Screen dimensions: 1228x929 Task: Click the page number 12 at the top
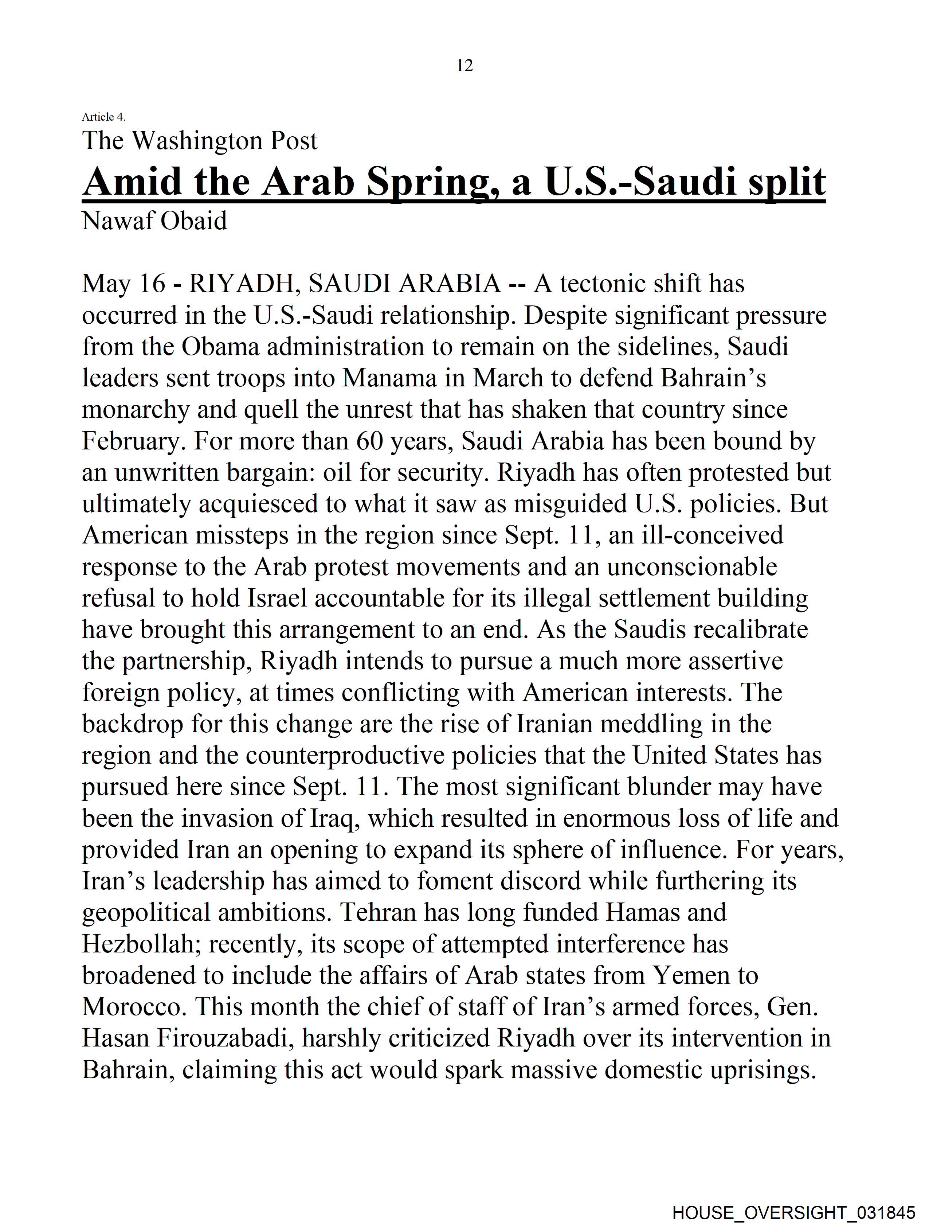click(464, 66)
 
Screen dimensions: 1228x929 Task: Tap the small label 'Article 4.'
click(104, 117)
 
